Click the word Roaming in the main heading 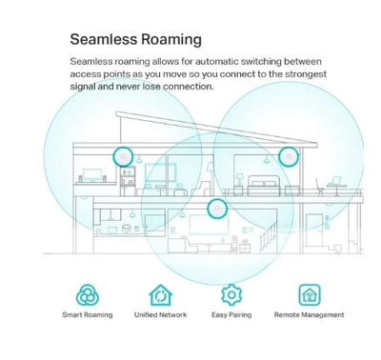coord(171,40)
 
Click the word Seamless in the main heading coord(104,39)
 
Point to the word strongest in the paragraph coord(306,74)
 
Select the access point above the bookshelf coord(123,156)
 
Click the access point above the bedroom coord(289,156)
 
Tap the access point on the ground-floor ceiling coord(217,209)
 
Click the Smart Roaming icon coord(88,295)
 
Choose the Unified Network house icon coord(161,295)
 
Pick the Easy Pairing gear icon coord(231,295)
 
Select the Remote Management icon coord(310,294)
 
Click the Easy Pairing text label coord(231,315)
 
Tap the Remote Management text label coord(310,315)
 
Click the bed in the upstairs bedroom coord(264,185)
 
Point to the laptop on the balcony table coord(334,181)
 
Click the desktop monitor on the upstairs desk coord(92,175)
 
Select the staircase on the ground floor coord(269,237)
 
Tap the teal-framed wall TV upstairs coord(160,172)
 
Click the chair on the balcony coord(320,188)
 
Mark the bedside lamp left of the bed coord(239,179)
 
